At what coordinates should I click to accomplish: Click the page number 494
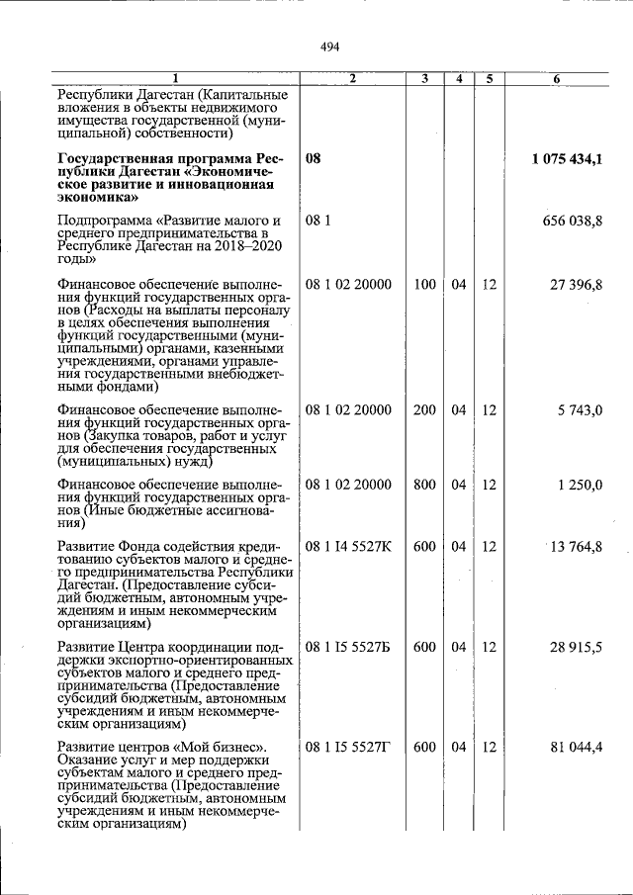(330, 46)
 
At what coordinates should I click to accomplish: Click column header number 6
(557, 78)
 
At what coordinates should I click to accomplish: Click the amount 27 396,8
(577, 285)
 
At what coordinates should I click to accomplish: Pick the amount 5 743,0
(580, 410)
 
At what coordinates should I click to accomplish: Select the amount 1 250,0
(580, 485)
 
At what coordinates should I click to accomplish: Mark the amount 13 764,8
(576, 547)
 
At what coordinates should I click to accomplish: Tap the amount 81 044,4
(577, 747)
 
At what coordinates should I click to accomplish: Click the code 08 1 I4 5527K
(348, 547)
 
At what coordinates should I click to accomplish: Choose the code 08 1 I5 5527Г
(348, 747)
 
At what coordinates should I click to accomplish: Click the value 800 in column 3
(424, 485)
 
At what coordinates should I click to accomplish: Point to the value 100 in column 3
(424, 285)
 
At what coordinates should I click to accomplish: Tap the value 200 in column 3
(424, 410)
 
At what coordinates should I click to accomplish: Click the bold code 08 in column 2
(314, 158)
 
